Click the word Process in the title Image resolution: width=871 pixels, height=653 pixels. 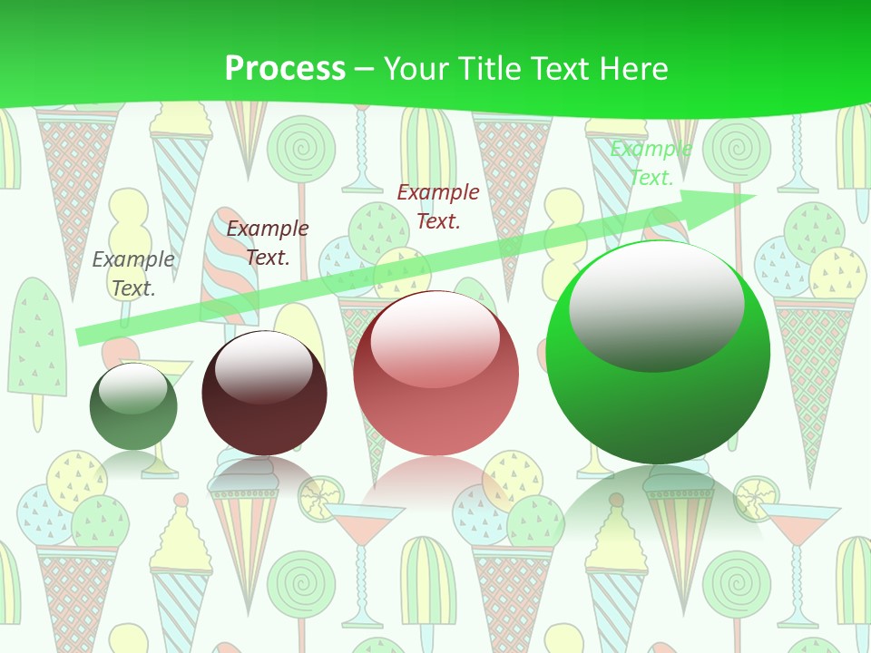pyautogui.click(x=285, y=69)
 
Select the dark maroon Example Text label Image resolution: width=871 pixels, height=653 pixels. pyautogui.click(x=268, y=243)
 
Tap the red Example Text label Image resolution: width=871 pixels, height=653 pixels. pyautogui.click(x=438, y=206)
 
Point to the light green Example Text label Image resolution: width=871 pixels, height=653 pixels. pyautogui.click(x=651, y=163)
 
